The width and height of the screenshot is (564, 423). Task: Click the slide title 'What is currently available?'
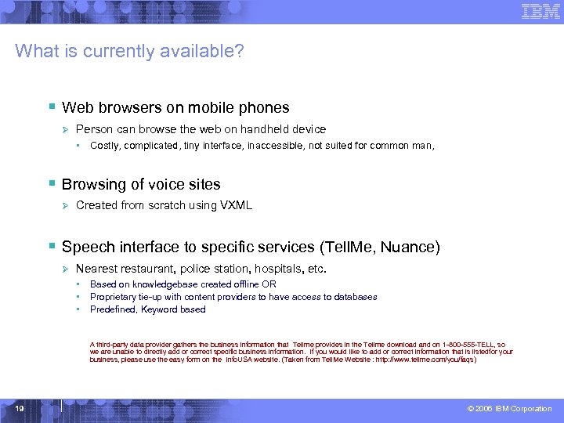click(x=129, y=52)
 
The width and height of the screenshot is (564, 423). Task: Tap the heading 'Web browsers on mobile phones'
click(x=175, y=108)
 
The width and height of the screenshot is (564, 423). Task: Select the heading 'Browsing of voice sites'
click(x=141, y=185)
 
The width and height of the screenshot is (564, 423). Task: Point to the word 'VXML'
click(x=237, y=205)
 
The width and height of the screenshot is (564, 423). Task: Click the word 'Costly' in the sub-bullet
click(x=104, y=145)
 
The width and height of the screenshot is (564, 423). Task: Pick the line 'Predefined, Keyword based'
click(x=147, y=309)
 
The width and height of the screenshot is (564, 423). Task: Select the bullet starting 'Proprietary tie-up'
click(x=233, y=297)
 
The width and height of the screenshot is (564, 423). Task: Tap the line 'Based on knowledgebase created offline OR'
click(x=183, y=284)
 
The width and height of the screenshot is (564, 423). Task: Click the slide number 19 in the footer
click(x=18, y=409)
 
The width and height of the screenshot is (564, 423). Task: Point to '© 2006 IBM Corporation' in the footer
click(x=509, y=409)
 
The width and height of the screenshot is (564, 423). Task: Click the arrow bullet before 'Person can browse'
click(x=67, y=129)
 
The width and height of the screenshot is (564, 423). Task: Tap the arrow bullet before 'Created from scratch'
click(x=67, y=205)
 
